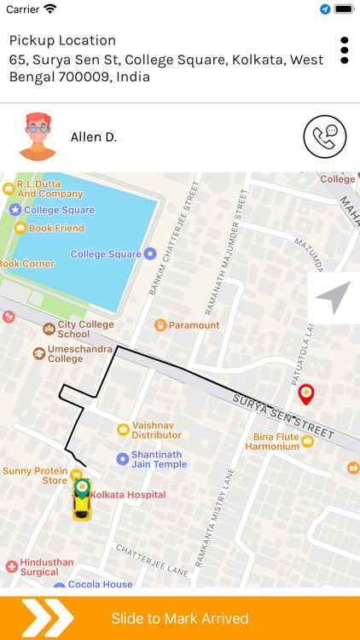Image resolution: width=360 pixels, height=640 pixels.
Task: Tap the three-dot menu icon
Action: tap(345, 49)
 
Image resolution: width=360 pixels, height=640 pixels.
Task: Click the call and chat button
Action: tap(325, 137)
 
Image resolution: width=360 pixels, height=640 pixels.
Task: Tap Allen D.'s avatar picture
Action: tap(37, 137)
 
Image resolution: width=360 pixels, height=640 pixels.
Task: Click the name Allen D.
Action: tap(94, 137)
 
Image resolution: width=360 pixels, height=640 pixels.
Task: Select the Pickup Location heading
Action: tap(62, 40)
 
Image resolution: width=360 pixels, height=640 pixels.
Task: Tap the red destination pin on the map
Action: tap(305, 394)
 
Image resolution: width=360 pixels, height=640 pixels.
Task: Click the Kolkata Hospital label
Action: tap(128, 495)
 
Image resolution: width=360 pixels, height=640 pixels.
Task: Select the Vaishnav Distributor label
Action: tap(157, 429)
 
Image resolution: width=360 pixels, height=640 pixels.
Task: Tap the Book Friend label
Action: tap(56, 229)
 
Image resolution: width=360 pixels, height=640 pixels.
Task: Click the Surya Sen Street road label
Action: tap(284, 416)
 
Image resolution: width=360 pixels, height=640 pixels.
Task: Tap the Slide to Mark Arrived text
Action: tap(180, 619)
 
